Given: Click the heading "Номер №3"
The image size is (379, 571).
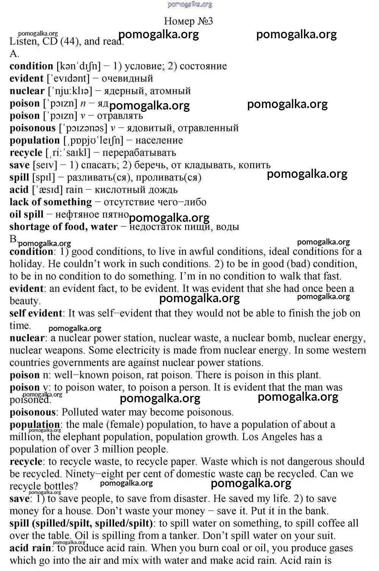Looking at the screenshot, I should [188, 21].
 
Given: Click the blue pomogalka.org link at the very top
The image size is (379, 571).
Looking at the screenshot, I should [189, 4].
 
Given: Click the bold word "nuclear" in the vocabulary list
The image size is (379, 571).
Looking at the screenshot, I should [27, 91].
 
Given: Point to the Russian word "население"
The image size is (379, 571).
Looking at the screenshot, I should [159, 140].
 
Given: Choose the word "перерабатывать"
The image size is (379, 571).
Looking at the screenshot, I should [139, 153].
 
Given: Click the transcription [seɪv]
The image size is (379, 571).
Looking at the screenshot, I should [45, 165].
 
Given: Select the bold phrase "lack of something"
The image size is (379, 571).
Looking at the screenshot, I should [50, 202].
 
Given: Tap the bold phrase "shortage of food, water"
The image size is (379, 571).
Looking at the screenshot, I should [63, 227].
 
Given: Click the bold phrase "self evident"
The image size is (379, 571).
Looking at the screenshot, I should [36, 313].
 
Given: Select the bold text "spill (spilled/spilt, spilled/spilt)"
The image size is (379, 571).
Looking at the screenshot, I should [81, 523].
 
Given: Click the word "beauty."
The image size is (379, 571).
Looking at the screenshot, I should [25, 301].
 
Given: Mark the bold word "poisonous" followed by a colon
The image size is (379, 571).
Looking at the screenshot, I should [32, 412].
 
